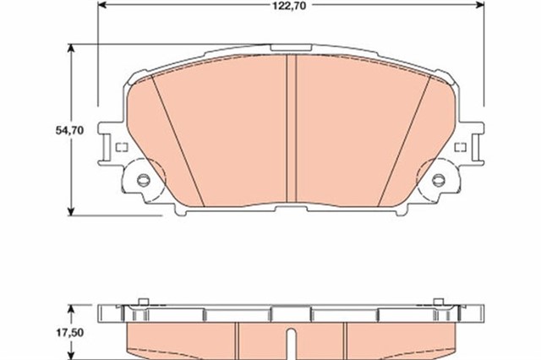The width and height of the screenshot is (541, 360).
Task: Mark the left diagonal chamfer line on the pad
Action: pos(178,139)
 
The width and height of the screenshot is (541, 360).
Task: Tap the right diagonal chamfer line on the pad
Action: pos(402,139)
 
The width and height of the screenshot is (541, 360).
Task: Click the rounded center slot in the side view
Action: pos(290,346)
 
